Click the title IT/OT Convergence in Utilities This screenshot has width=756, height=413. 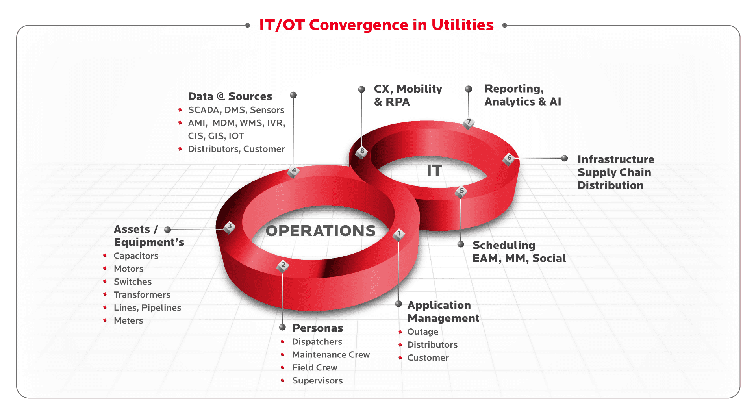pos(376,25)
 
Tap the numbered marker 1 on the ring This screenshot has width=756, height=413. pos(399,235)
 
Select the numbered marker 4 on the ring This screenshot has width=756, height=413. pos(293,171)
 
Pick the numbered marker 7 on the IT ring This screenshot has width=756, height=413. pos(469,123)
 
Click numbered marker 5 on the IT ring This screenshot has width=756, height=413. pos(461,192)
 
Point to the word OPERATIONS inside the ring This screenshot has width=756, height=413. pos(321,231)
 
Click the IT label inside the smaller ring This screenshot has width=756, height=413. pos(435,170)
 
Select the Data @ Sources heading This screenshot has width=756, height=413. pos(230,96)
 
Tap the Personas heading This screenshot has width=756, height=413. pos(317,328)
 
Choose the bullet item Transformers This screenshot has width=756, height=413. pos(142,295)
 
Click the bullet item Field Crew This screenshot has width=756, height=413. pos(315,368)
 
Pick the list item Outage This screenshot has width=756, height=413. pos(422,332)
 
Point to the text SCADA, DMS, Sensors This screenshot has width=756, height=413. pos(236,110)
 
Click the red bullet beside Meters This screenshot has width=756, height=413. pos(105,320)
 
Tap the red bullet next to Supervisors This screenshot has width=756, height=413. pos(283,380)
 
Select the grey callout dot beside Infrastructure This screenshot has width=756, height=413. pos(565,158)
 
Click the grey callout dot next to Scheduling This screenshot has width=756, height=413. pos(461,244)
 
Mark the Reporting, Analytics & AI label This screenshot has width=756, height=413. pos(523,95)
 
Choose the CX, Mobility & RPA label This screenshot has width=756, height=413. pos(408,95)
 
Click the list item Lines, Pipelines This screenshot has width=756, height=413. pos(147,308)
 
